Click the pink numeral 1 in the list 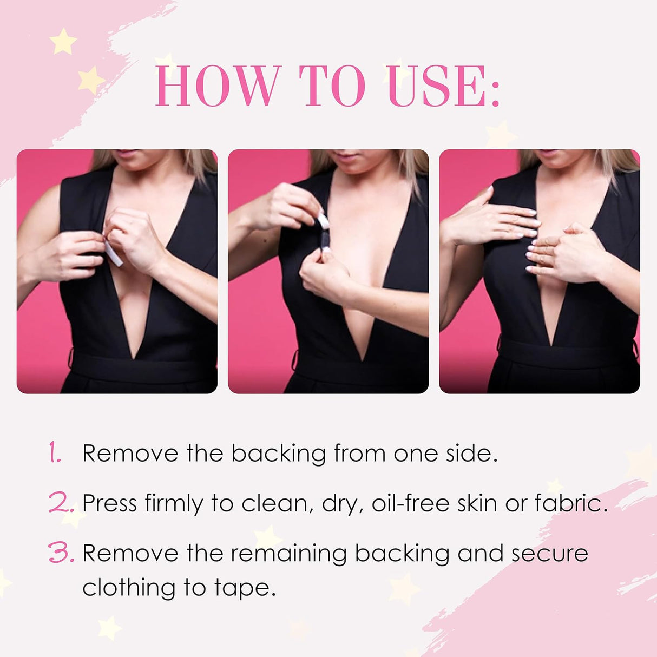pos(55,452)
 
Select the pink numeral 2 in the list pos(60,503)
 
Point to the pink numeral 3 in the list pos(60,553)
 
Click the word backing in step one pos(278,454)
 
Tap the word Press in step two pos(109,503)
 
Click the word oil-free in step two pos(411,503)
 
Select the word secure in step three pos(549,553)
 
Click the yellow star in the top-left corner pos(63,42)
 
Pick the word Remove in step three pos(130,553)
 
